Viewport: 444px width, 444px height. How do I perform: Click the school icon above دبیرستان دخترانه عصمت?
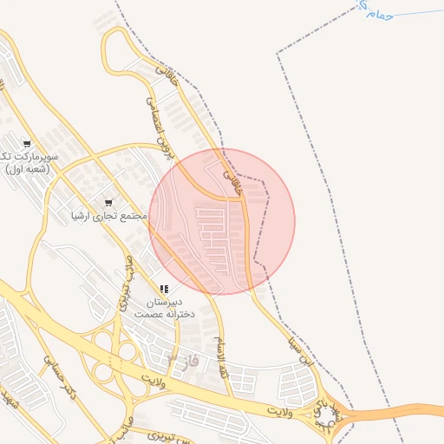tap(164, 289)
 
